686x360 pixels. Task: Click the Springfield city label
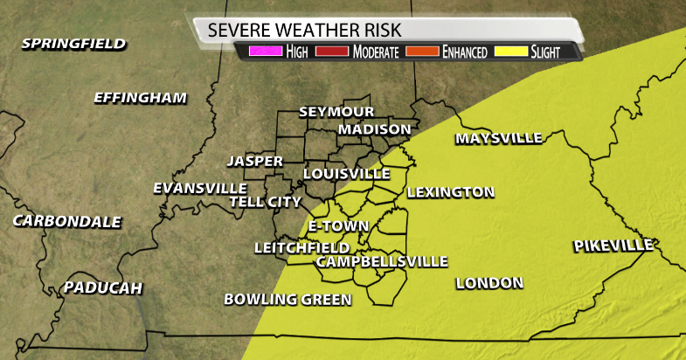(74, 44)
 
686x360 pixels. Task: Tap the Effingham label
(141, 98)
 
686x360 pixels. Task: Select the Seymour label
(336, 112)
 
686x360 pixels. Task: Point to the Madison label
(375, 129)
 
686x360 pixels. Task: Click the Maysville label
(499, 138)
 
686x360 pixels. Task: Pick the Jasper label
(254, 162)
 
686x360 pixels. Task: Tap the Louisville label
(346, 174)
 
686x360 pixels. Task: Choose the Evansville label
(200, 188)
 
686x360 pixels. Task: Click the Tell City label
(265, 202)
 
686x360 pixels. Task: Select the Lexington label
(451, 192)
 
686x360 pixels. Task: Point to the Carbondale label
(67, 222)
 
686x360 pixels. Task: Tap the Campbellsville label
(382, 262)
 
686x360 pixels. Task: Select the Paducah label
(103, 288)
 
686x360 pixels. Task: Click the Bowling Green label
(288, 300)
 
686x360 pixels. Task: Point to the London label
(489, 283)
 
